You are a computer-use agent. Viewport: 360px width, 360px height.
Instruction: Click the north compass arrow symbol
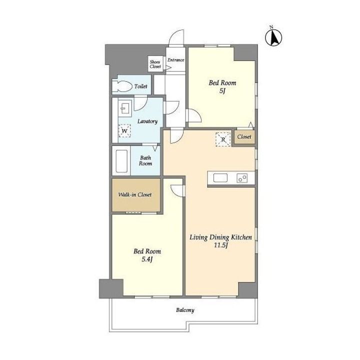pyautogui.click(x=273, y=37)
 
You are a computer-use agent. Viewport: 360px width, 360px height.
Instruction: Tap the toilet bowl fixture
pyautogui.click(x=122, y=86)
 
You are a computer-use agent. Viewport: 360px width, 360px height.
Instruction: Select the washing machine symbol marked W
pyautogui.click(x=124, y=131)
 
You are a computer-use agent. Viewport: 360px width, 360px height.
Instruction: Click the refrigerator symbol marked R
pyautogui.click(x=223, y=139)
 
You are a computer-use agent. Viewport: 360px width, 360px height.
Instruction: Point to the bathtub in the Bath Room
pyautogui.click(x=121, y=161)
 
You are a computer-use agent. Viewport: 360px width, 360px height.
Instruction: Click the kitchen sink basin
pyautogui.click(x=220, y=178)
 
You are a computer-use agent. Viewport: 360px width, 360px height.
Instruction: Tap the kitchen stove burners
pyautogui.click(x=242, y=178)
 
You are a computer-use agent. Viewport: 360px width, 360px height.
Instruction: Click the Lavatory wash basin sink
pyautogui.click(x=125, y=107)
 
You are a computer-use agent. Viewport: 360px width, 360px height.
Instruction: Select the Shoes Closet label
pyautogui.click(x=155, y=64)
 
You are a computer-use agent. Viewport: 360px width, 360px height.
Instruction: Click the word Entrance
pyautogui.click(x=176, y=60)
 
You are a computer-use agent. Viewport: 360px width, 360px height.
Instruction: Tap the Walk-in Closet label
pyautogui.click(x=135, y=194)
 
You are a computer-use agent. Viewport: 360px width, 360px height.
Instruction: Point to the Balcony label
pyautogui.click(x=185, y=310)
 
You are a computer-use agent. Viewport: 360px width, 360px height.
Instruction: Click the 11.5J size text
pyautogui.click(x=220, y=245)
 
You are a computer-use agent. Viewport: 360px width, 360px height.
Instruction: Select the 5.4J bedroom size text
pyautogui.click(x=147, y=259)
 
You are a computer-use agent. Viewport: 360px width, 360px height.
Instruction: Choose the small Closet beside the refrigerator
pyautogui.click(x=244, y=137)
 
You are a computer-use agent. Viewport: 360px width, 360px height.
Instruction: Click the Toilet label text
pyautogui.click(x=140, y=86)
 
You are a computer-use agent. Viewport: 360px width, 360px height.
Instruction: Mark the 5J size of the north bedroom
pyautogui.click(x=222, y=91)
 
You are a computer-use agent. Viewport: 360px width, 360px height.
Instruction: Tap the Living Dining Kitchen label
pyautogui.click(x=220, y=237)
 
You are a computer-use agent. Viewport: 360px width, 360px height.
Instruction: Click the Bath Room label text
pyautogui.click(x=145, y=160)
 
